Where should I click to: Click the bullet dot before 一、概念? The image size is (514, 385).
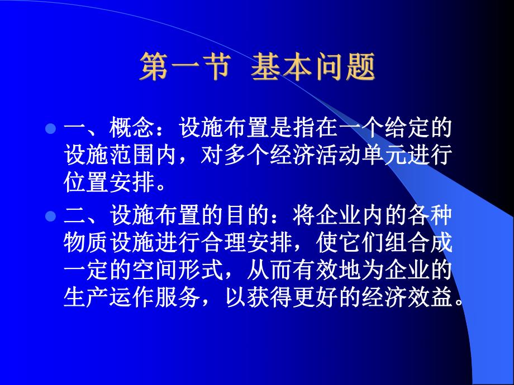[49, 129]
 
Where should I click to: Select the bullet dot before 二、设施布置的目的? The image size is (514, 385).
[49, 216]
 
